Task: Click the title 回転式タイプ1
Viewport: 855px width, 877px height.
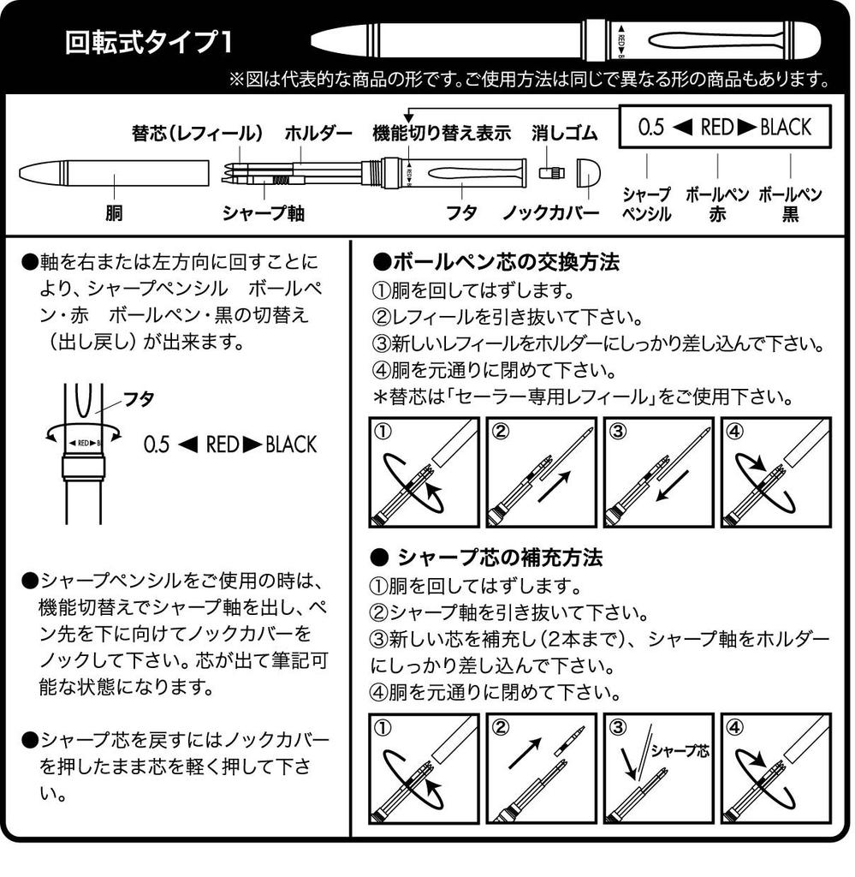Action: tap(146, 43)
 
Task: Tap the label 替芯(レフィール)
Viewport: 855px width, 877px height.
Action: tap(197, 134)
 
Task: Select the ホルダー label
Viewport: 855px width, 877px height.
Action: tap(318, 134)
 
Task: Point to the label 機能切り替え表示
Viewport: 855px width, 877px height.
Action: tap(442, 134)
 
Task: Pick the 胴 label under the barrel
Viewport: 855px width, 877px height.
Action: tap(114, 212)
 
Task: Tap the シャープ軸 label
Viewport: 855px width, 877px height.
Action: tap(259, 212)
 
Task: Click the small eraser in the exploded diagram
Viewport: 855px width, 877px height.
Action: tap(550, 172)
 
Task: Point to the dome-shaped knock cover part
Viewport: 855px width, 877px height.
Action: tap(590, 172)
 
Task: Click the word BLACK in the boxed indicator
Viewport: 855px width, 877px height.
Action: tap(785, 128)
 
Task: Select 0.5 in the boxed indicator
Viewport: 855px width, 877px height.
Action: tap(651, 128)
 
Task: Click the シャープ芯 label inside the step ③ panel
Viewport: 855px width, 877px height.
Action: tap(680, 751)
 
